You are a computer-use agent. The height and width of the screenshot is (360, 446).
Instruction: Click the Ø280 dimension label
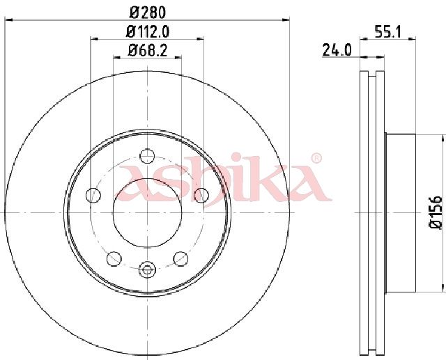pyautogui.click(x=147, y=13)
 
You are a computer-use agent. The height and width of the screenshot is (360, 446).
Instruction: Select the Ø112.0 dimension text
pyautogui.click(x=148, y=31)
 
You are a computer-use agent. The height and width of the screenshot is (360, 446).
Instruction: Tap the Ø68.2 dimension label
pyautogui.click(x=147, y=51)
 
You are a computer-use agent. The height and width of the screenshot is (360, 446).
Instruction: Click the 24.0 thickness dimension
pyautogui.click(x=337, y=51)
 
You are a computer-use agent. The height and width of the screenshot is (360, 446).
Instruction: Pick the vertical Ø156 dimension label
pyautogui.click(x=436, y=212)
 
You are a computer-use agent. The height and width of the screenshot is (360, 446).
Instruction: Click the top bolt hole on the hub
pyautogui.click(x=147, y=156)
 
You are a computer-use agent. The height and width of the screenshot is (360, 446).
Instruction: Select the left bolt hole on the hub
pyautogui.click(x=93, y=195)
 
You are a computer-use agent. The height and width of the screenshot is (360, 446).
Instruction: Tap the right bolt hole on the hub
pyautogui.click(x=201, y=195)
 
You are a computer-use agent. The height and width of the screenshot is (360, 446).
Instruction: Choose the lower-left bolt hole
pyautogui.click(x=114, y=258)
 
